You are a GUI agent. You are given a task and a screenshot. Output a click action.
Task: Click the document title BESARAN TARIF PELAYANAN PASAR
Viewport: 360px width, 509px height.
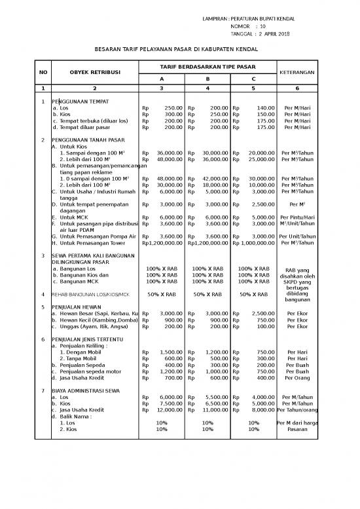[177, 49]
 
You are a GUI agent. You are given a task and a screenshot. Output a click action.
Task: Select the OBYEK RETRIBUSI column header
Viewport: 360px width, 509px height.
[94, 71]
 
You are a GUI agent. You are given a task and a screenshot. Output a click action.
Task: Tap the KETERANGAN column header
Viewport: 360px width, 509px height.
[297, 71]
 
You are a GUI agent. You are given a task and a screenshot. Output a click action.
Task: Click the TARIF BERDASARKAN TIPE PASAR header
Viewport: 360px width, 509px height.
[207, 67]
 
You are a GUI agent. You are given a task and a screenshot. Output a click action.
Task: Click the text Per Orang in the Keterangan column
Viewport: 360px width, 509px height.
[297, 378]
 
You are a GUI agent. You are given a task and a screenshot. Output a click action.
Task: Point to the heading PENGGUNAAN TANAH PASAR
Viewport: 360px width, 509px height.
[87, 140]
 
